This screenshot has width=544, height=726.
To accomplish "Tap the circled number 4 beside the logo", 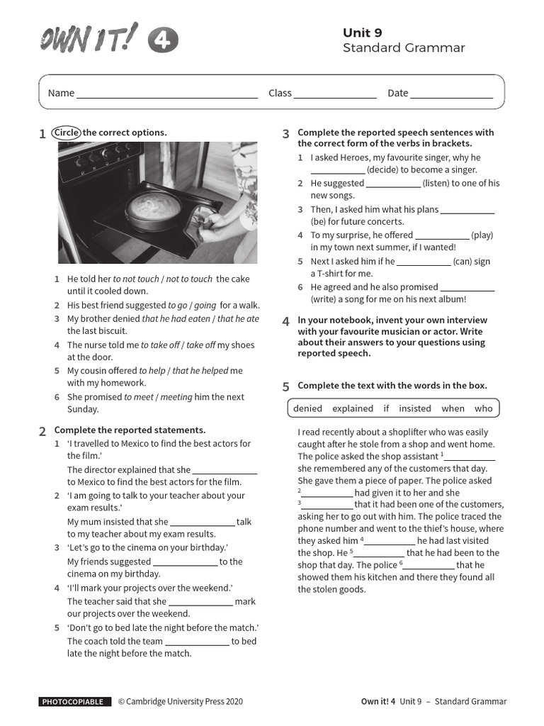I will point(162,41).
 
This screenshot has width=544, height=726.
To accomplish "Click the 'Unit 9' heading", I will point(363,33).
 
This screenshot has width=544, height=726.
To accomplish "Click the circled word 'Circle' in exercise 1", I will point(67,133).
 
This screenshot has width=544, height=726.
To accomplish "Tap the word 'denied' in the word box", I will point(307,408).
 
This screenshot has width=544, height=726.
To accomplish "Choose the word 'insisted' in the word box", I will point(414,408).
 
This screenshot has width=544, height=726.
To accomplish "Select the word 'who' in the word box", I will point(483,408).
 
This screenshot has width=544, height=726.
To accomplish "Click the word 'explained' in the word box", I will point(352,408).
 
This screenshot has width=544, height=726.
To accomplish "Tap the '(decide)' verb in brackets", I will point(382,170).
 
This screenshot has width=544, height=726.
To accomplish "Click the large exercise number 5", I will point(286,387).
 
